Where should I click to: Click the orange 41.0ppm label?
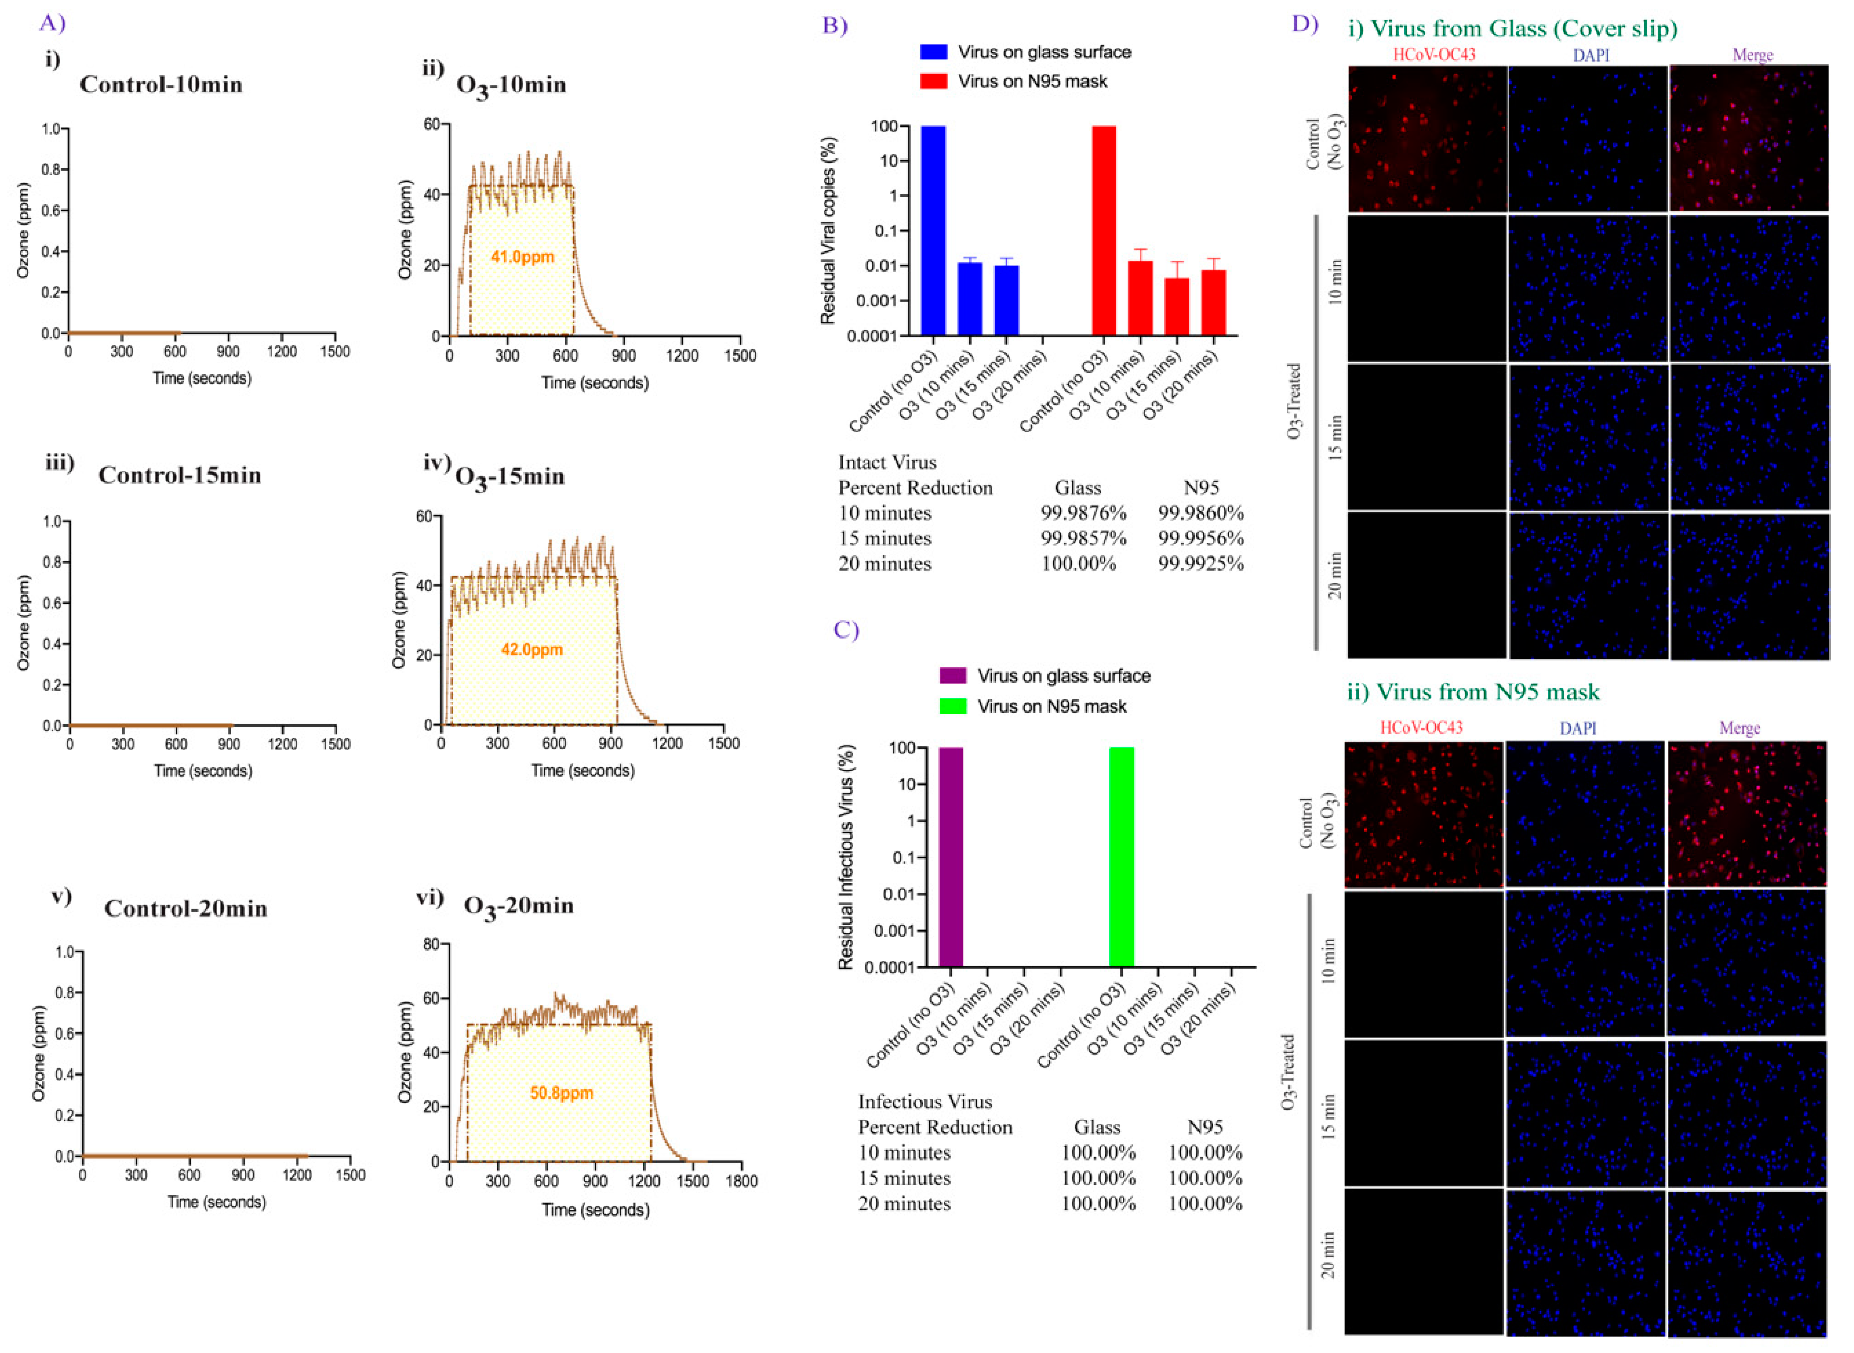coord(522,257)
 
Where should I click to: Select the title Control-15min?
coord(179,476)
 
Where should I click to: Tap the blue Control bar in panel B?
coord(934,230)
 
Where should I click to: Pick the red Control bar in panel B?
coord(1103,230)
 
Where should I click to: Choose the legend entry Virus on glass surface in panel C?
coord(1063,675)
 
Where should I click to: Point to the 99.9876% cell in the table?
coord(1083,513)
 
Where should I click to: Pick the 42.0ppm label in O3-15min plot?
coord(532,650)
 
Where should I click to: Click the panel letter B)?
coord(834,25)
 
